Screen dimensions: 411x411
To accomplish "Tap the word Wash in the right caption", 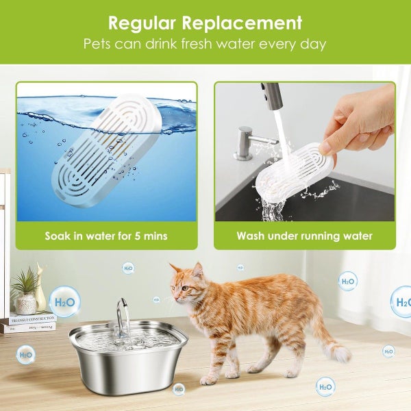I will (253, 236).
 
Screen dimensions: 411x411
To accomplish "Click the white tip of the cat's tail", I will (340, 353).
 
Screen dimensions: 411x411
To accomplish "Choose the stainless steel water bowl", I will (128, 356).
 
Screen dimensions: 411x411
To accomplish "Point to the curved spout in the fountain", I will (122, 314).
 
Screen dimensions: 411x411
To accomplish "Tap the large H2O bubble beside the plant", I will (64, 301).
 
